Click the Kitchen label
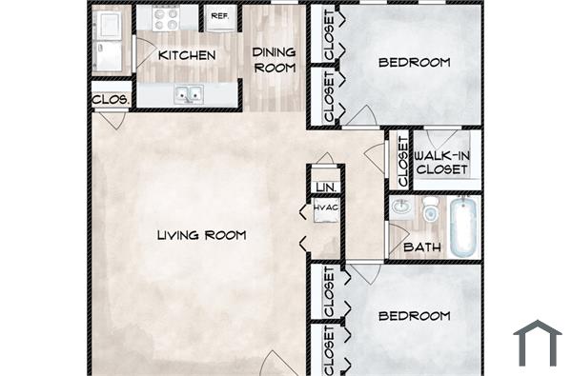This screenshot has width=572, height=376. point(187,55)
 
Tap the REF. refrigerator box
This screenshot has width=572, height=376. point(219,16)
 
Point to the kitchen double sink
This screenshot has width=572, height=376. point(188,94)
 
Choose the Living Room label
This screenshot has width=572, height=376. point(202,234)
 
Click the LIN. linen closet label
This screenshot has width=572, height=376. point(326,187)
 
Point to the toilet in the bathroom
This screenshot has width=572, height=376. point(431,208)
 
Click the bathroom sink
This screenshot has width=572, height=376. point(401,207)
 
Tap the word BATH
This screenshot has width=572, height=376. point(420,247)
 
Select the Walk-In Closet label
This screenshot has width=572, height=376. point(441,162)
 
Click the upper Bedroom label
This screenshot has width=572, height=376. point(414,63)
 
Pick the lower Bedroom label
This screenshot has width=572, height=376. point(414,315)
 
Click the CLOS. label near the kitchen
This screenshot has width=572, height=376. point(111,98)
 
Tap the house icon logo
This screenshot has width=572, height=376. point(538,343)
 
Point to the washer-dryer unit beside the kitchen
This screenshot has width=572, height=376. point(112,40)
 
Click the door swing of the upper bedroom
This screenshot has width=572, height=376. point(361,116)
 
